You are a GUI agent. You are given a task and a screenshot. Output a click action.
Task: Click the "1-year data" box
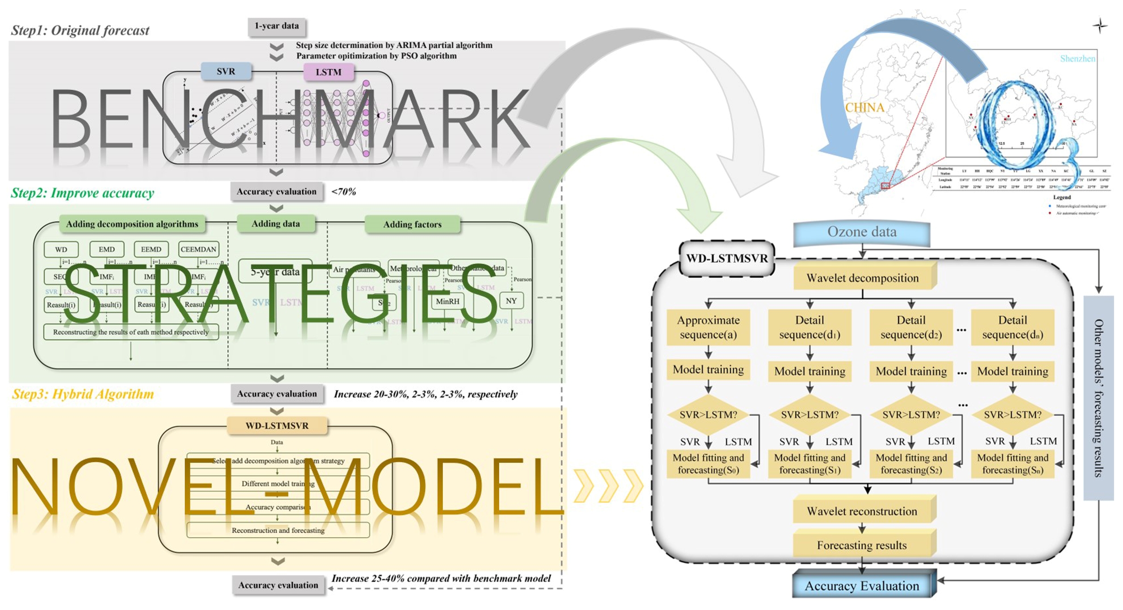(x=277, y=26)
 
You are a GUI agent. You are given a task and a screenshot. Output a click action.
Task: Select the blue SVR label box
(x=226, y=71)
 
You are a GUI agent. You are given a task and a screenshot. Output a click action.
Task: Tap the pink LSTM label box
(x=329, y=72)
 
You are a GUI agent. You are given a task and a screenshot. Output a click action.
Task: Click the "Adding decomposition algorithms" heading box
(x=132, y=224)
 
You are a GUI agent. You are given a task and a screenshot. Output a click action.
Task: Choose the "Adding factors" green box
(x=412, y=224)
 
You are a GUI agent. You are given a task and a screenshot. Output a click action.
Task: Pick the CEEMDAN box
(x=198, y=249)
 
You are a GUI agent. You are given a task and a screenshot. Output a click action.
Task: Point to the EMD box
(x=107, y=249)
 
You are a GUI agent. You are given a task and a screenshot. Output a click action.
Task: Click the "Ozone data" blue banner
(x=862, y=232)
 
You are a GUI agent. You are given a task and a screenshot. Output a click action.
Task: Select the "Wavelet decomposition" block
(x=863, y=278)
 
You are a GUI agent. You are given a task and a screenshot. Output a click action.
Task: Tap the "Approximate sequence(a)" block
(x=708, y=328)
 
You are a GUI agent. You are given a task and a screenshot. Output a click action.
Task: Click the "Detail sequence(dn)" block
(x=1013, y=328)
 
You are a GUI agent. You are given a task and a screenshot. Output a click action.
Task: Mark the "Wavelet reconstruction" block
(x=862, y=511)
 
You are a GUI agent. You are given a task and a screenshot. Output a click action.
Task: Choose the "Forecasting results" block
(x=862, y=545)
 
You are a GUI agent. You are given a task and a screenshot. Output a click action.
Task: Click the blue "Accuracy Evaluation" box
(x=862, y=586)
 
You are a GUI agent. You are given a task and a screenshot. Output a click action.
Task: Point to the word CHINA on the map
(x=864, y=108)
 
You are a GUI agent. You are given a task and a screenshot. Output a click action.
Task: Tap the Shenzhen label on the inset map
(x=1077, y=58)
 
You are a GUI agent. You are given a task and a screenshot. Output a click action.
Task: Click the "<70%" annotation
(x=343, y=192)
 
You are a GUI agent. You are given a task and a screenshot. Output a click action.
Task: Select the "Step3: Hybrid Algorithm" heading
(x=83, y=394)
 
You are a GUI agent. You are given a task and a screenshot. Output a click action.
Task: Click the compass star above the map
(x=1100, y=26)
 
